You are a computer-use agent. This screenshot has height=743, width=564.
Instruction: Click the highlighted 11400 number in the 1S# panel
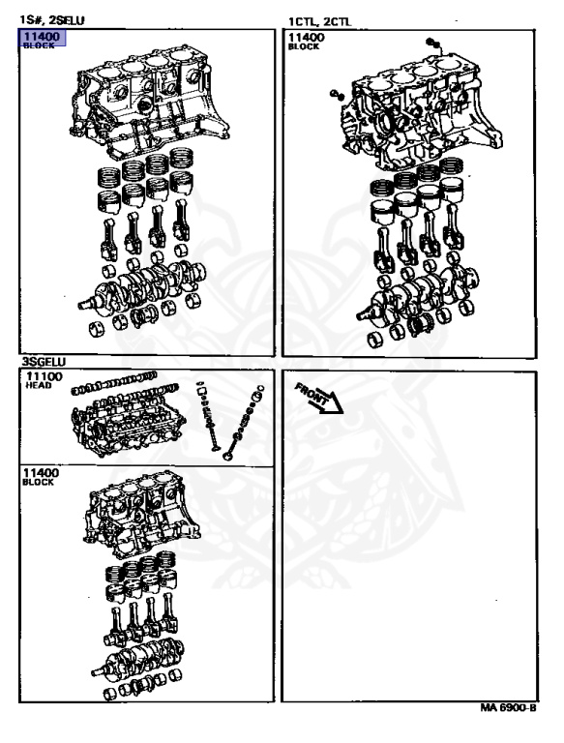click(42, 37)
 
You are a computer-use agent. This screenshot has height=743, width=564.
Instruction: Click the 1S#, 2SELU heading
click(51, 20)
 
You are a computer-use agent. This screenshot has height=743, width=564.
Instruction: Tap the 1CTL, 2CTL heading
click(320, 21)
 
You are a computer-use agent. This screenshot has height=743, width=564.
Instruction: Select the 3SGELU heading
click(44, 362)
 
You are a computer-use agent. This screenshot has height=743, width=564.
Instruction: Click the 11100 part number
click(45, 376)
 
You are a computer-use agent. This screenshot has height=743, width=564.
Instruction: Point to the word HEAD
click(39, 386)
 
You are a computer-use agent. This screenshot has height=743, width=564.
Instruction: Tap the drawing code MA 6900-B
click(508, 708)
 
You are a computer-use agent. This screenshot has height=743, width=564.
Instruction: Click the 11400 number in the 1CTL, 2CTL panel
click(307, 38)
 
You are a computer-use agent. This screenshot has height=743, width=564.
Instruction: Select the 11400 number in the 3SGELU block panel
click(42, 473)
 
